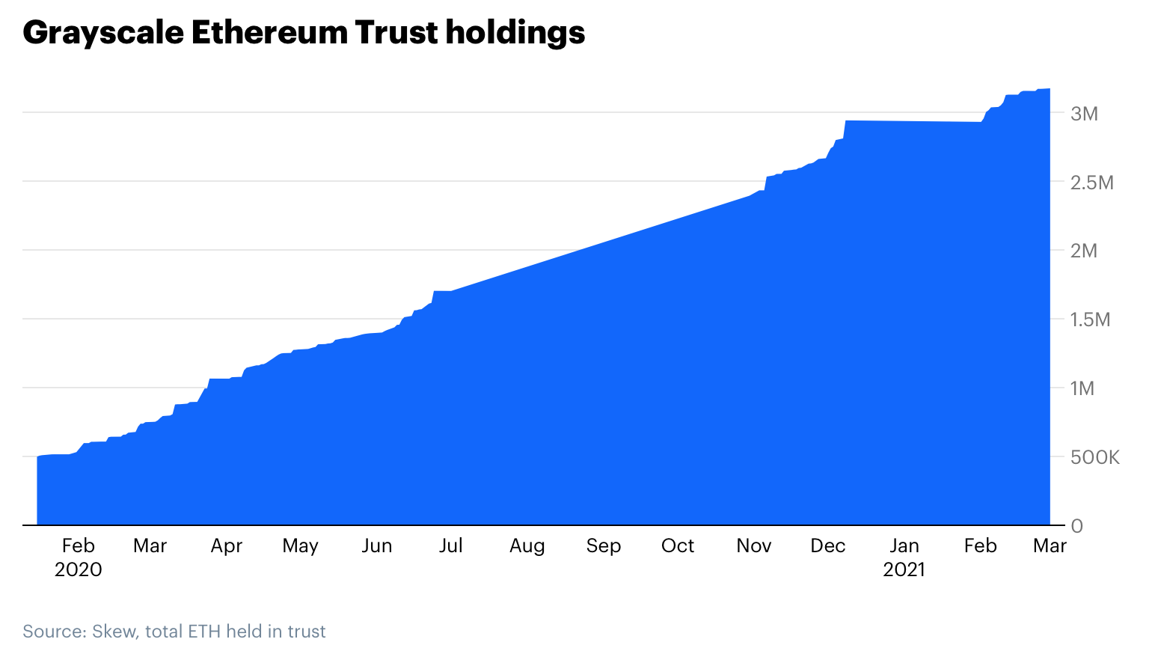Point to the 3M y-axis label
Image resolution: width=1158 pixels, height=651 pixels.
pyautogui.click(x=1084, y=114)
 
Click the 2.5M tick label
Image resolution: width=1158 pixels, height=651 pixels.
pyautogui.click(x=1092, y=183)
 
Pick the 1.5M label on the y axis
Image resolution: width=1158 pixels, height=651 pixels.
pyautogui.click(x=1091, y=320)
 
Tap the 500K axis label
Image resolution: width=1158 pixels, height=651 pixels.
pyautogui.click(x=1095, y=457)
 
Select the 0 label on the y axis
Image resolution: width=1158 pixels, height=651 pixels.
pyautogui.click(x=1077, y=526)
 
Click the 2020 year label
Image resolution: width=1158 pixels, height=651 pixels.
pyautogui.click(x=78, y=570)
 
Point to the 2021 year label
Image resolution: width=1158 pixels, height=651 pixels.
pyautogui.click(x=904, y=570)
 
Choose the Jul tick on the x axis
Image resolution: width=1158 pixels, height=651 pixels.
pyautogui.click(x=450, y=546)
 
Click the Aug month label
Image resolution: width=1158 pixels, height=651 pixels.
pyautogui.click(x=527, y=546)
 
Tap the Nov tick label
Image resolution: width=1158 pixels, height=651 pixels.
pyautogui.click(x=753, y=546)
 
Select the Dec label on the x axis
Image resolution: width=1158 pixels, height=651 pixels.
pyautogui.click(x=827, y=546)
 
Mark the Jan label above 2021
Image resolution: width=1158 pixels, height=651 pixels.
pyautogui.click(x=904, y=546)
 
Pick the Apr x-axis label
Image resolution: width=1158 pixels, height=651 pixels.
pyautogui.click(x=226, y=546)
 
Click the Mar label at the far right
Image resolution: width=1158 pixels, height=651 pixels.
pyautogui.click(x=1050, y=546)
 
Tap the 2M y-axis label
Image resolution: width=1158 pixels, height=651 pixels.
pyautogui.click(x=1084, y=251)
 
